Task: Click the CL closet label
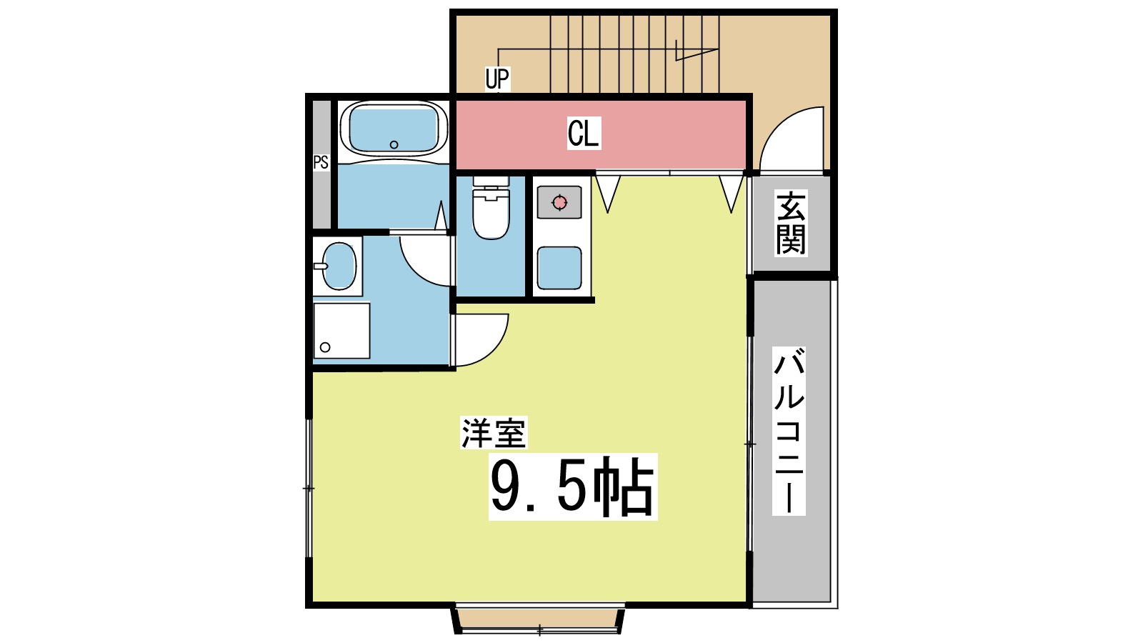pyautogui.click(x=583, y=134)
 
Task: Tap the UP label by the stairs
pyautogui.click(x=497, y=78)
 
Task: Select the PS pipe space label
pyautogui.click(x=321, y=163)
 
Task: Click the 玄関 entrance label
pyautogui.click(x=791, y=224)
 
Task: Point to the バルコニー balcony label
pyautogui.click(x=789, y=431)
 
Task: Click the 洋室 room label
pyautogui.click(x=493, y=433)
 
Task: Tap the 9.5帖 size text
pyautogui.click(x=572, y=487)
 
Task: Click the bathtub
pyautogui.click(x=394, y=129)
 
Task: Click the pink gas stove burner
pyautogui.click(x=559, y=203)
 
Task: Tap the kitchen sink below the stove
pyautogui.click(x=559, y=268)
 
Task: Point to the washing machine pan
pyautogui.click(x=341, y=330)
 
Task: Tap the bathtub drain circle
pyautogui.click(x=394, y=145)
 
